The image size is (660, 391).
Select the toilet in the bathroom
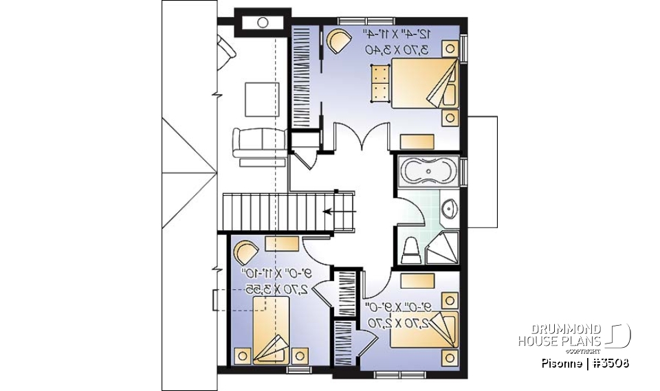[410, 250]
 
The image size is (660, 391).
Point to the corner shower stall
[443, 248]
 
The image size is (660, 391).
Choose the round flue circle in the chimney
[263, 23]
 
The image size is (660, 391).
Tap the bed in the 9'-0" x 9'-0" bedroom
[422, 330]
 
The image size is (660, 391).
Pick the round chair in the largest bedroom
[338, 42]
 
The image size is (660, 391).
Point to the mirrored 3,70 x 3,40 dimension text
[397, 49]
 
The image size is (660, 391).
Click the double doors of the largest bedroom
[364, 137]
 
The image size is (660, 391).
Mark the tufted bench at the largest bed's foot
[379, 82]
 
